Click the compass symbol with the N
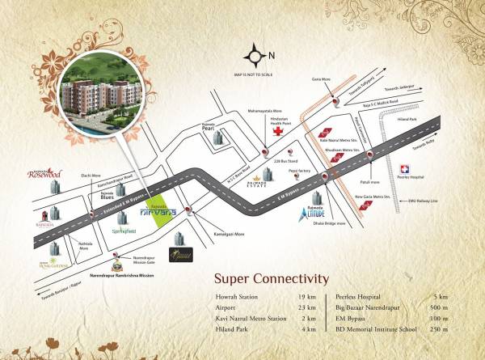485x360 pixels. pos(256,57)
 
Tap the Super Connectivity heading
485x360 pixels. pos(272,279)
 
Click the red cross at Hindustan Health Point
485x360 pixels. pos(276,130)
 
